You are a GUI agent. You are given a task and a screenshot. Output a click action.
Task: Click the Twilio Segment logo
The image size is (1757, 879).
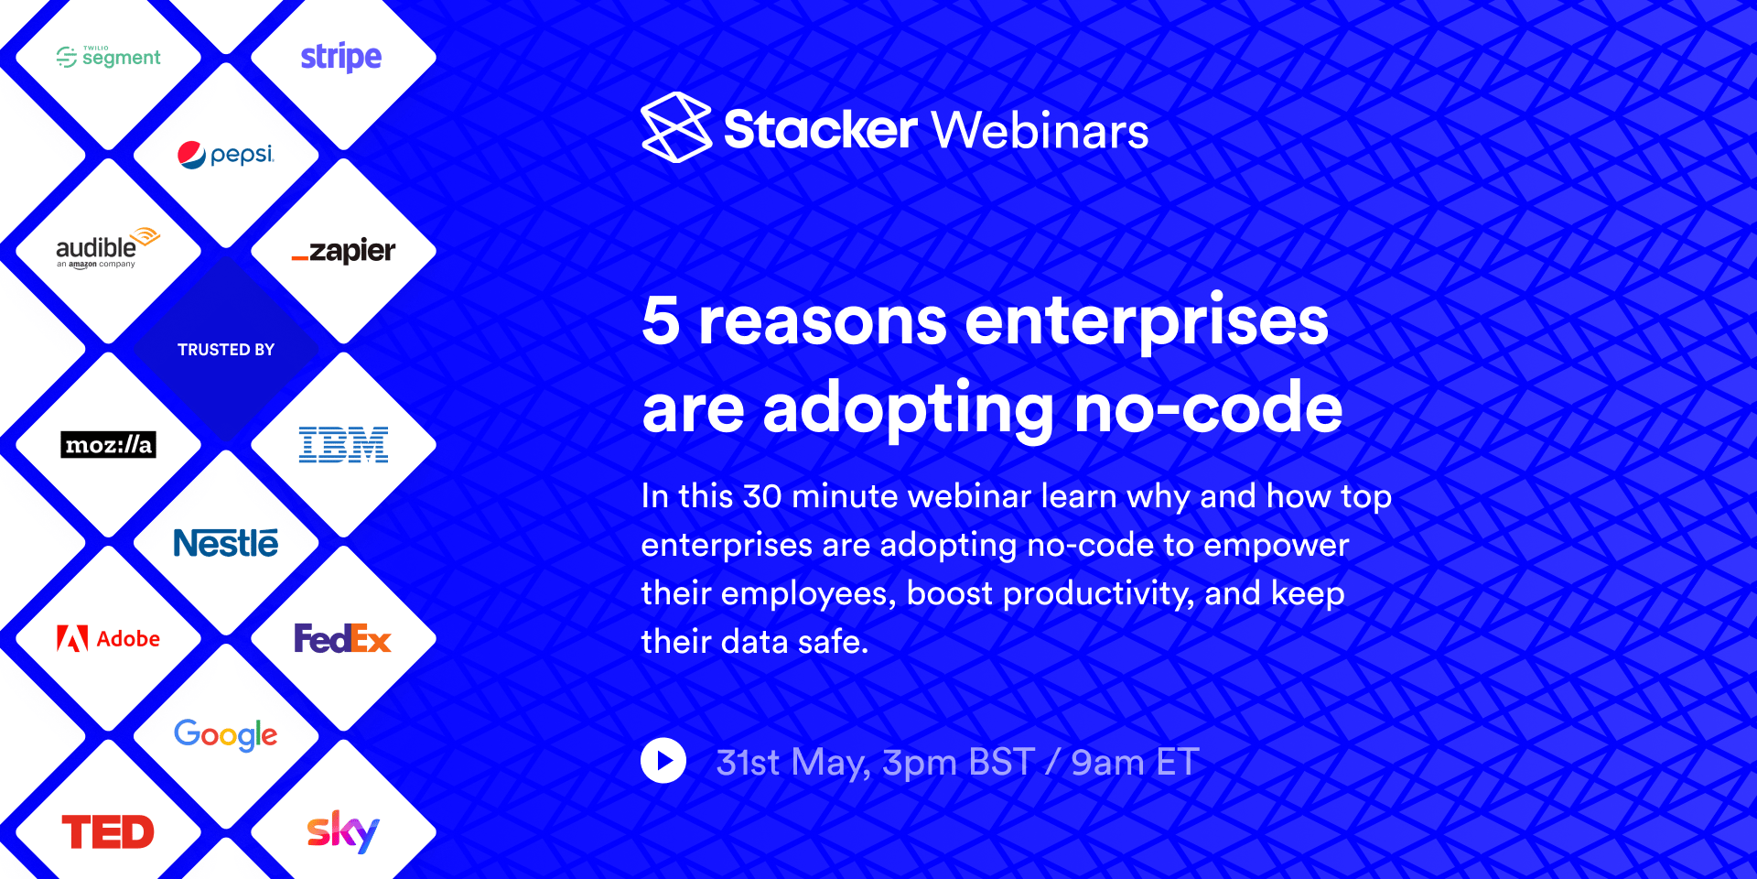108,57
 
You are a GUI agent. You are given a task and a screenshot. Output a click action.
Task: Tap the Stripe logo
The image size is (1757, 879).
341,57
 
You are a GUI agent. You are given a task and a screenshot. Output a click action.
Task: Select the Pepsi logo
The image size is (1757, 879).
225,155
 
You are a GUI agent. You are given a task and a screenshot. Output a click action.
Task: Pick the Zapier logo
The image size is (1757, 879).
343,250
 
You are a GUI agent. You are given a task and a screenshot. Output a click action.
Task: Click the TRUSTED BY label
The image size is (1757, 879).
226,350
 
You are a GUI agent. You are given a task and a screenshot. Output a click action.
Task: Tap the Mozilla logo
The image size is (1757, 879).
108,445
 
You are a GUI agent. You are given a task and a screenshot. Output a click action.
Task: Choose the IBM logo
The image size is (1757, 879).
343,445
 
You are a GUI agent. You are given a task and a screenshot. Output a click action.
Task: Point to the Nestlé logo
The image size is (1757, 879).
225,543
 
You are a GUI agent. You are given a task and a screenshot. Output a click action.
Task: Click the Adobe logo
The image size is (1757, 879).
108,638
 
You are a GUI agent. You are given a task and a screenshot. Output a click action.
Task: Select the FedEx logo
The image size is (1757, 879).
342,638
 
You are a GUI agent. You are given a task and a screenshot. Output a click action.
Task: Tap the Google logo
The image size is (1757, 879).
225,734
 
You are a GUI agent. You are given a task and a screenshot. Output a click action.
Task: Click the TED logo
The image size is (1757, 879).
108,832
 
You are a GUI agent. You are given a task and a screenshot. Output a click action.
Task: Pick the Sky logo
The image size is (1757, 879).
342,831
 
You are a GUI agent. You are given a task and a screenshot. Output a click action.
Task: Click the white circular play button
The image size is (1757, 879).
663,761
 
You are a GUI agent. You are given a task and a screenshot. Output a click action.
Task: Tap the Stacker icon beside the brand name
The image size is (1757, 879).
676,127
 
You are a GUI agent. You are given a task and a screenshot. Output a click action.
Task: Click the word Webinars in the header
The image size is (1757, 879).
1040,130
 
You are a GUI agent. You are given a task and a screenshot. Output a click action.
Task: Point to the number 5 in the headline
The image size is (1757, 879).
661,320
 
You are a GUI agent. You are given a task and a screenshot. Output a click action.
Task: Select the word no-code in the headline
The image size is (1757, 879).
1208,408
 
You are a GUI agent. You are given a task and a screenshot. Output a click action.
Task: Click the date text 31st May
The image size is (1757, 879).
792,763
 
